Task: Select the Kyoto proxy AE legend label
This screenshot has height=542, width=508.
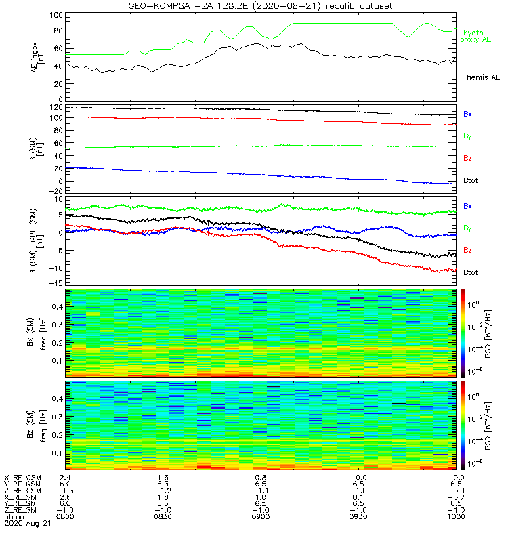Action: (478, 37)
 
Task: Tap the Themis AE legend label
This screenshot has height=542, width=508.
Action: (481, 77)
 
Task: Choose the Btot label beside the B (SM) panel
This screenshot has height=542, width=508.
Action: (471, 181)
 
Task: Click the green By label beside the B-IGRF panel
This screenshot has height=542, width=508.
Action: (467, 228)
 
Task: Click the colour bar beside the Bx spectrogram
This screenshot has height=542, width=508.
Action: (464, 332)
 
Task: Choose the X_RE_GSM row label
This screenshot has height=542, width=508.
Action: (22, 478)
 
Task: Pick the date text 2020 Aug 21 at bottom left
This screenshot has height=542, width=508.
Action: (26, 524)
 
